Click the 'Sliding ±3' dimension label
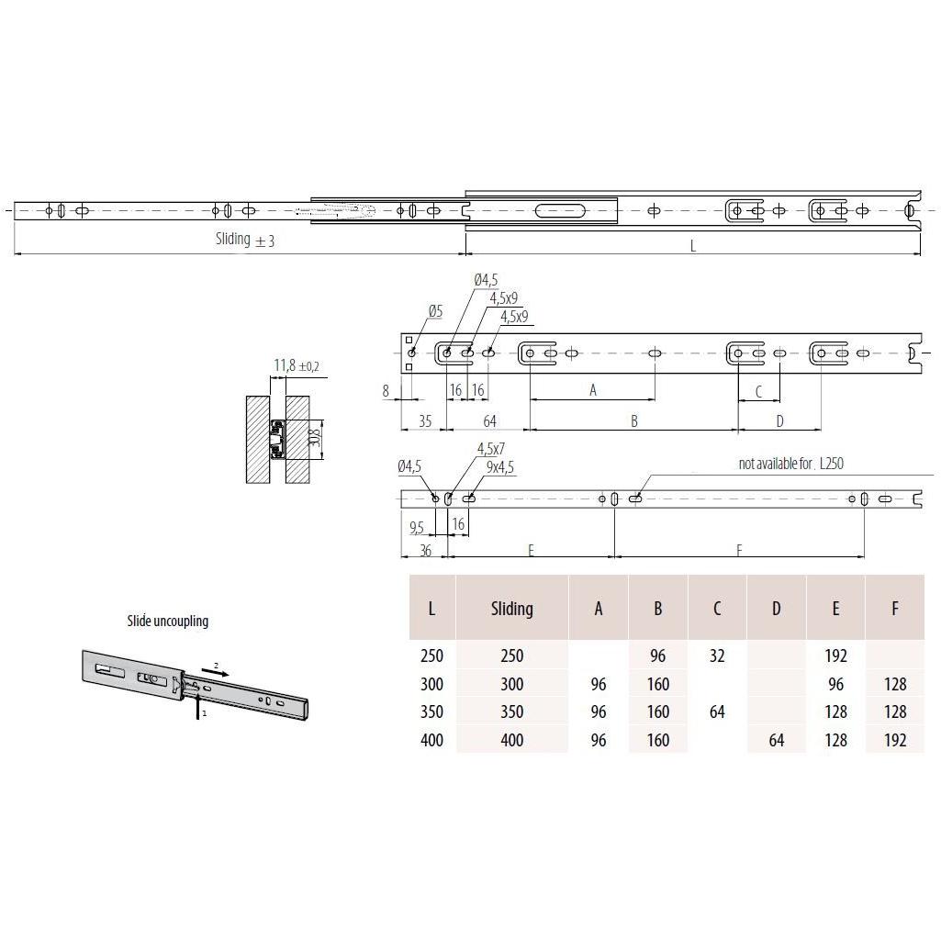pos(244,240)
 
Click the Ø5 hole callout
pos(434,312)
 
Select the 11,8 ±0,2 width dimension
pos(297,366)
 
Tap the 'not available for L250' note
pos(790,464)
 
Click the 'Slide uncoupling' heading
pos(167,621)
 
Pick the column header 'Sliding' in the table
pos(511,609)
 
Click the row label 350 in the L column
pos(431,711)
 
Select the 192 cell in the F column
pos(894,740)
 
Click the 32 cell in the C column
pos(717,656)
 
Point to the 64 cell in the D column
pos(776,740)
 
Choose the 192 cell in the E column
pos(835,656)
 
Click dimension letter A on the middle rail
pos(593,390)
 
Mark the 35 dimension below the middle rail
pos(424,421)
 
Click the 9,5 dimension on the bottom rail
pos(417,528)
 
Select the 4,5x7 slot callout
pos(491,449)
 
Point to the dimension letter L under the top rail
pos(693,245)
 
